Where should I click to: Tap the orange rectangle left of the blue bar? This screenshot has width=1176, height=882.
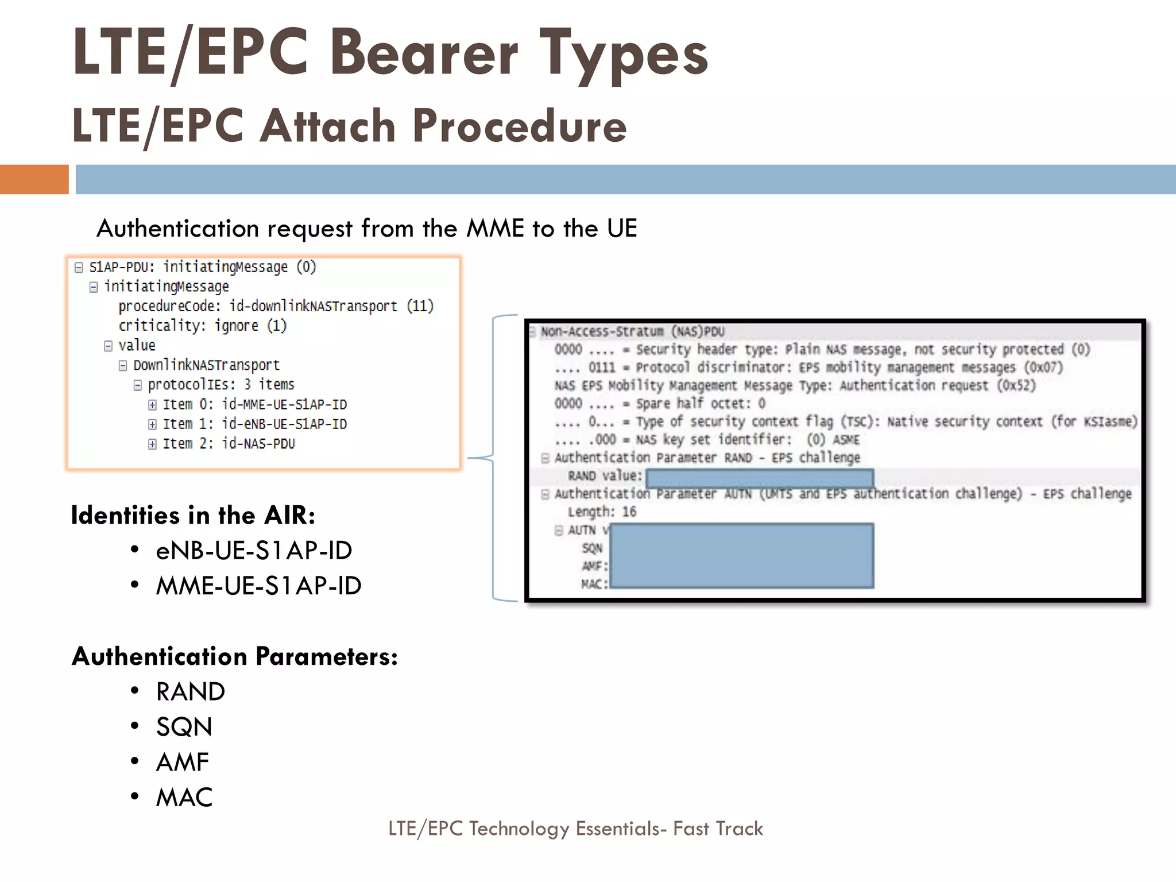(x=34, y=179)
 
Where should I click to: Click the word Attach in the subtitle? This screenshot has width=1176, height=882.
(x=327, y=126)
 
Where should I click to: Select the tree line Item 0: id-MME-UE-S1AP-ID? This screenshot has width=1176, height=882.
(x=254, y=405)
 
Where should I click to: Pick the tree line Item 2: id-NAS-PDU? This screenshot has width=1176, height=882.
(x=229, y=444)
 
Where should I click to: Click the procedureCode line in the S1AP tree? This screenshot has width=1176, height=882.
(x=276, y=306)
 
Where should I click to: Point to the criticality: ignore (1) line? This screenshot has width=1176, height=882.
(x=202, y=326)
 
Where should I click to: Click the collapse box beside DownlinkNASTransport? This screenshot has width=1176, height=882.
(x=123, y=366)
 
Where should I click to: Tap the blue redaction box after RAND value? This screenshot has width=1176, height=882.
(x=759, y=477)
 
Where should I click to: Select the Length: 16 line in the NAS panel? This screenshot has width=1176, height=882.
(x=602, y=512)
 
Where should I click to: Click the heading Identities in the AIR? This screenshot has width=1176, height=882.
(x=193, y=515)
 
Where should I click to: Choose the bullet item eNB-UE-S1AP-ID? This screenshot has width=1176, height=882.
(x=254, y=551)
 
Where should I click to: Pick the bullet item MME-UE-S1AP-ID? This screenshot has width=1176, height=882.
(x=258, y=586)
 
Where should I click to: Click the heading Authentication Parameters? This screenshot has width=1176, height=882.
(x=235, y=656)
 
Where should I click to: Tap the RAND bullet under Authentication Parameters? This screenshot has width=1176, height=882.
(x=190, y=691)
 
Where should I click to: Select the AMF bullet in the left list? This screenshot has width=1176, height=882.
(x=183, y=762)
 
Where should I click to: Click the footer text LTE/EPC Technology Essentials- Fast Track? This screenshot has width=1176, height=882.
(x=575, y=829)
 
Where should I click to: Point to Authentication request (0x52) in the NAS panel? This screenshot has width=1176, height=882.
(x=937, y=385)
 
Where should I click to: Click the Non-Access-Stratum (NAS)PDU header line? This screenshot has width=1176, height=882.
(x=632, y=331)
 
